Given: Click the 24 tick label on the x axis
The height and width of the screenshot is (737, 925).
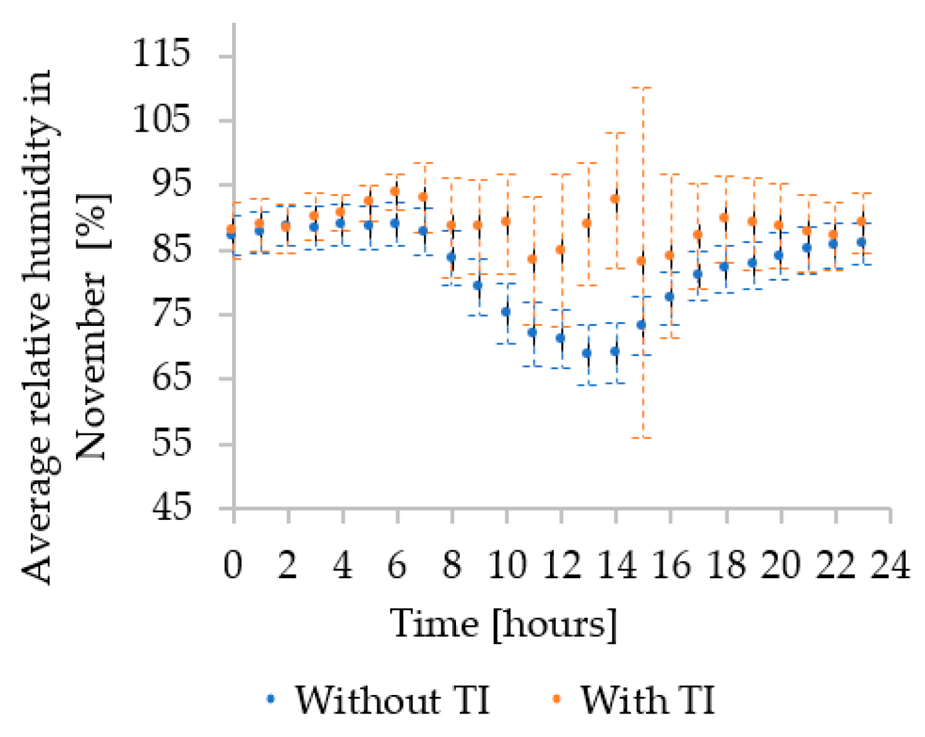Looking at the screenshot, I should (890, 564).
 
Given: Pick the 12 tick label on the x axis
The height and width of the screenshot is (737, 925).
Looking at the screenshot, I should (562, 564).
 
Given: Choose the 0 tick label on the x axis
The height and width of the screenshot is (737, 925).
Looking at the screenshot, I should (233, 564).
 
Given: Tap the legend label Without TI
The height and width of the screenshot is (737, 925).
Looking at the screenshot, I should (392, 700).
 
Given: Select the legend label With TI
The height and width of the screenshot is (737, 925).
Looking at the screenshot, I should (647, 700).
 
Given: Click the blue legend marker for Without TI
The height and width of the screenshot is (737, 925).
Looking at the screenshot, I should (270, 699).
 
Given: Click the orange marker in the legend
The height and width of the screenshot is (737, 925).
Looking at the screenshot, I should (556, 699).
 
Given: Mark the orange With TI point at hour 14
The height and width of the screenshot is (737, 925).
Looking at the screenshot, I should (615, 198).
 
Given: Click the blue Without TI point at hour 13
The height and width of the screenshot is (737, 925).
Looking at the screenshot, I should (587, 353).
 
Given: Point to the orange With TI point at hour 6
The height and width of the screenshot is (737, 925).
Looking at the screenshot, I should (395, 192).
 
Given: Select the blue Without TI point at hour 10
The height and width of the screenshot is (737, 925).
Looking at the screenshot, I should (506, 312).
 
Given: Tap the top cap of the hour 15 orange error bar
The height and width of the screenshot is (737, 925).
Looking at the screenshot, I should (644, 88).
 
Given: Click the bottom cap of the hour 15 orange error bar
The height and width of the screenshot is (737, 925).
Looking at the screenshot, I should (644, 438).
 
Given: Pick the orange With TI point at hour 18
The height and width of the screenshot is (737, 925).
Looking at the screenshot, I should (724, 218).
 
